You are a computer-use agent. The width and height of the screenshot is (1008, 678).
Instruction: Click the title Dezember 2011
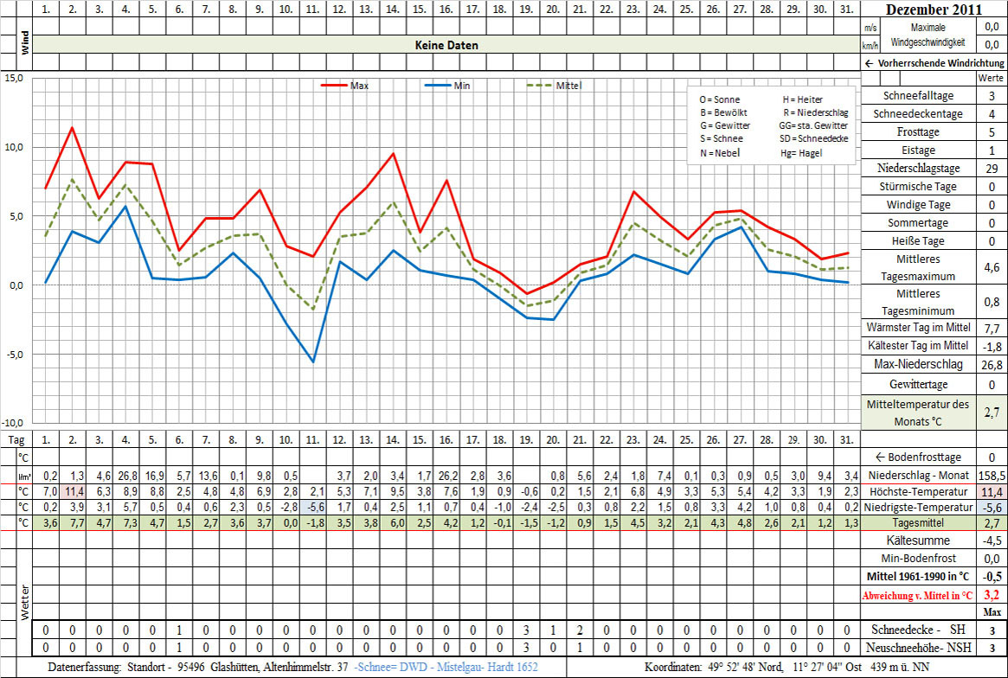click(x=934, y=10)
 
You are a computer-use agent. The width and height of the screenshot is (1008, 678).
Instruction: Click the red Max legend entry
click(x=345, y=85)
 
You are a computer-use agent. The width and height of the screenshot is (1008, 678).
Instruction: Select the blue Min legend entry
click(x=450, y=85)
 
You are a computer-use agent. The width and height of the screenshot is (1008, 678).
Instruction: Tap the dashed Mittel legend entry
click(x=555, y=85)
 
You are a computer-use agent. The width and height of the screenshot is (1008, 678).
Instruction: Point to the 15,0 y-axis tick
click(x=14, y=78)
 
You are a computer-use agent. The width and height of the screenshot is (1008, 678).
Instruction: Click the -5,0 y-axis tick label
click(x=14, y=355)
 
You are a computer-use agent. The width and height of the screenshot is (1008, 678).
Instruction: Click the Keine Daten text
click(x=446, y=45)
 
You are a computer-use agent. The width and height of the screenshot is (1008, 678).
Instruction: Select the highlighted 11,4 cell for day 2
click(x=72, y=491)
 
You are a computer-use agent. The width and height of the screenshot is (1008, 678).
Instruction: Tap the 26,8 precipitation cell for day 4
click(x=125, y=476)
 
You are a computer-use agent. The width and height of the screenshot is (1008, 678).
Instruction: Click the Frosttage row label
click(x=918, y=132)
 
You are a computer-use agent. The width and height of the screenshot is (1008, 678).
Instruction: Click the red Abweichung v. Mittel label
click(x=918, y=595)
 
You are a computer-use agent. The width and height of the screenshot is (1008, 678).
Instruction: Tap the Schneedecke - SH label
click(x=918, y=630)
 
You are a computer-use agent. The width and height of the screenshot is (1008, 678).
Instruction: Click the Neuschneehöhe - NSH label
click(x=918, y=647)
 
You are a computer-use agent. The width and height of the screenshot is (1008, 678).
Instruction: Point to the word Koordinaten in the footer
click(x=675, y=668)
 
